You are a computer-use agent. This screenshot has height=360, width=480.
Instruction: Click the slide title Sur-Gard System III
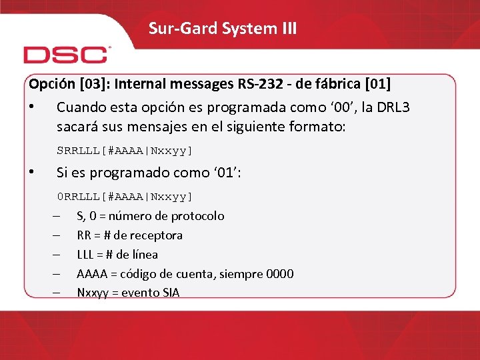click(x=223, y=29)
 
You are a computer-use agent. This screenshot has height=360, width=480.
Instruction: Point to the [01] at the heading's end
click(x=377, y=85)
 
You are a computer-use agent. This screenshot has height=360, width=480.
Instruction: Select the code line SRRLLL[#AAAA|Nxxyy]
click(x=125, y=150)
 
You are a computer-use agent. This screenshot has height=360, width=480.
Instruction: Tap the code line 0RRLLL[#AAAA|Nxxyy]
click(x=125, y=196)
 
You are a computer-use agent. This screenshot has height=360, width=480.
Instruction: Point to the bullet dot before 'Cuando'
click(x=31, y=107)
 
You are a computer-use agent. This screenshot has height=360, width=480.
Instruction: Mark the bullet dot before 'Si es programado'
click(x=31, y=173)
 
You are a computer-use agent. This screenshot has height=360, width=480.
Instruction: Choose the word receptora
click(x=157, y=235)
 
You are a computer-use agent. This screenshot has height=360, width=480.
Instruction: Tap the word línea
click(x=143, y=255)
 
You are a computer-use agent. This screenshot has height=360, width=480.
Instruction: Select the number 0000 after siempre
click(x=279, y=274)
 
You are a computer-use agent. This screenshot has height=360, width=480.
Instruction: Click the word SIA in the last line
click(x=171, y=293)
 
